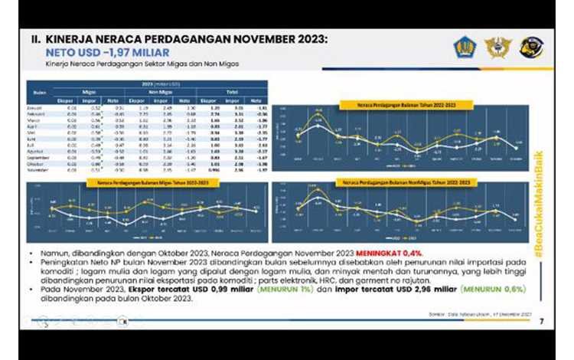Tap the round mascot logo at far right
click(531, 47)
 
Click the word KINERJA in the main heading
click(72, 38)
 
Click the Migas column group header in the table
click(90, 92)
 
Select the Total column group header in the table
click(230, 92)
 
